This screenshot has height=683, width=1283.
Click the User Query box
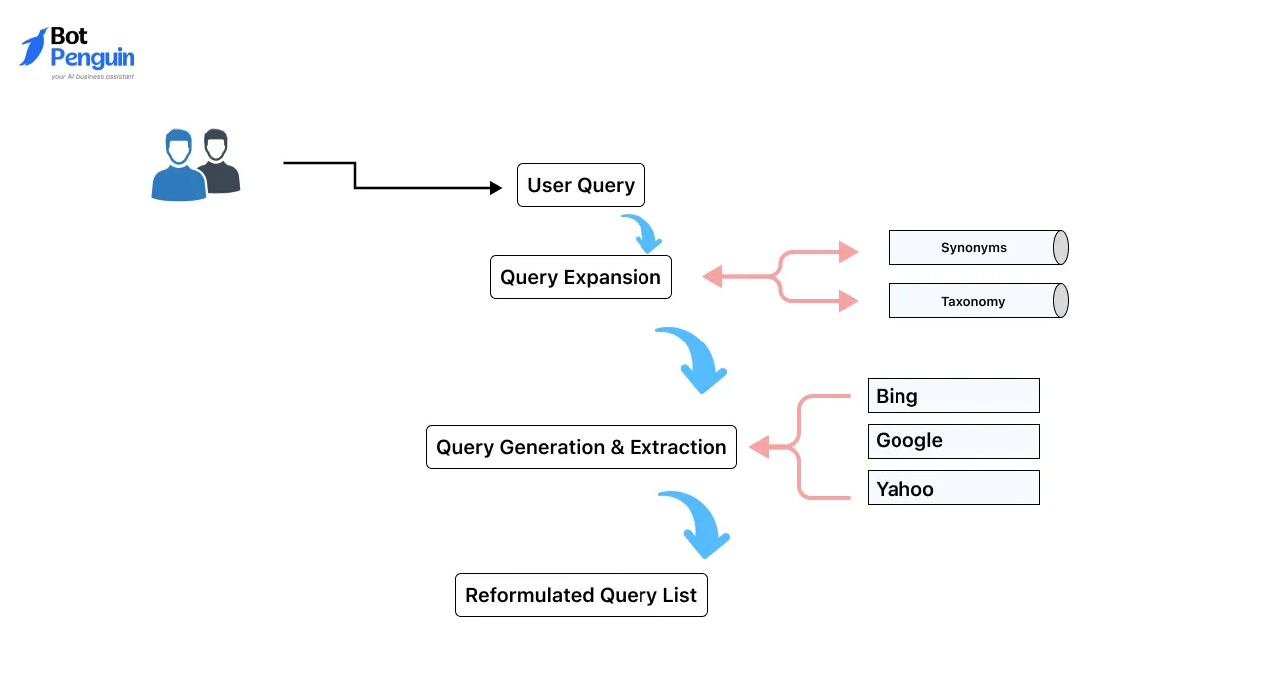[581, 185]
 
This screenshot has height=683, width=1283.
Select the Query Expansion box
[581, 277]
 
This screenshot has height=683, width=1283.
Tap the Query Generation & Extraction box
[581, 447]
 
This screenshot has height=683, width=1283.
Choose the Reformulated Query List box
[581, 595]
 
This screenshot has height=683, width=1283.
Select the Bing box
[952, 395]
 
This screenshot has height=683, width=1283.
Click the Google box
[952, 441]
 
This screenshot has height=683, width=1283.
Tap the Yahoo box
[952, 488]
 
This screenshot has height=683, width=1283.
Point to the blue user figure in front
[179, 169]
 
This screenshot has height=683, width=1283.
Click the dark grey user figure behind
[219, 161]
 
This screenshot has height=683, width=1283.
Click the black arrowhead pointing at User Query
[496, 187]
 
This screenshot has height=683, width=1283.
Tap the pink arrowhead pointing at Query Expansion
[712, 277]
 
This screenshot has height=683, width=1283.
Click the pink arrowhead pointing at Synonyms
[848, 252]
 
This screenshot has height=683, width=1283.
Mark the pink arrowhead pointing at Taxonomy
[848, 300]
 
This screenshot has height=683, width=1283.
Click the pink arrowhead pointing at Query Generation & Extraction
[759, 448]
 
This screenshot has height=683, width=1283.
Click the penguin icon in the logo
[33, 47]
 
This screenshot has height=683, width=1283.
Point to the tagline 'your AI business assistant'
[93, 76]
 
